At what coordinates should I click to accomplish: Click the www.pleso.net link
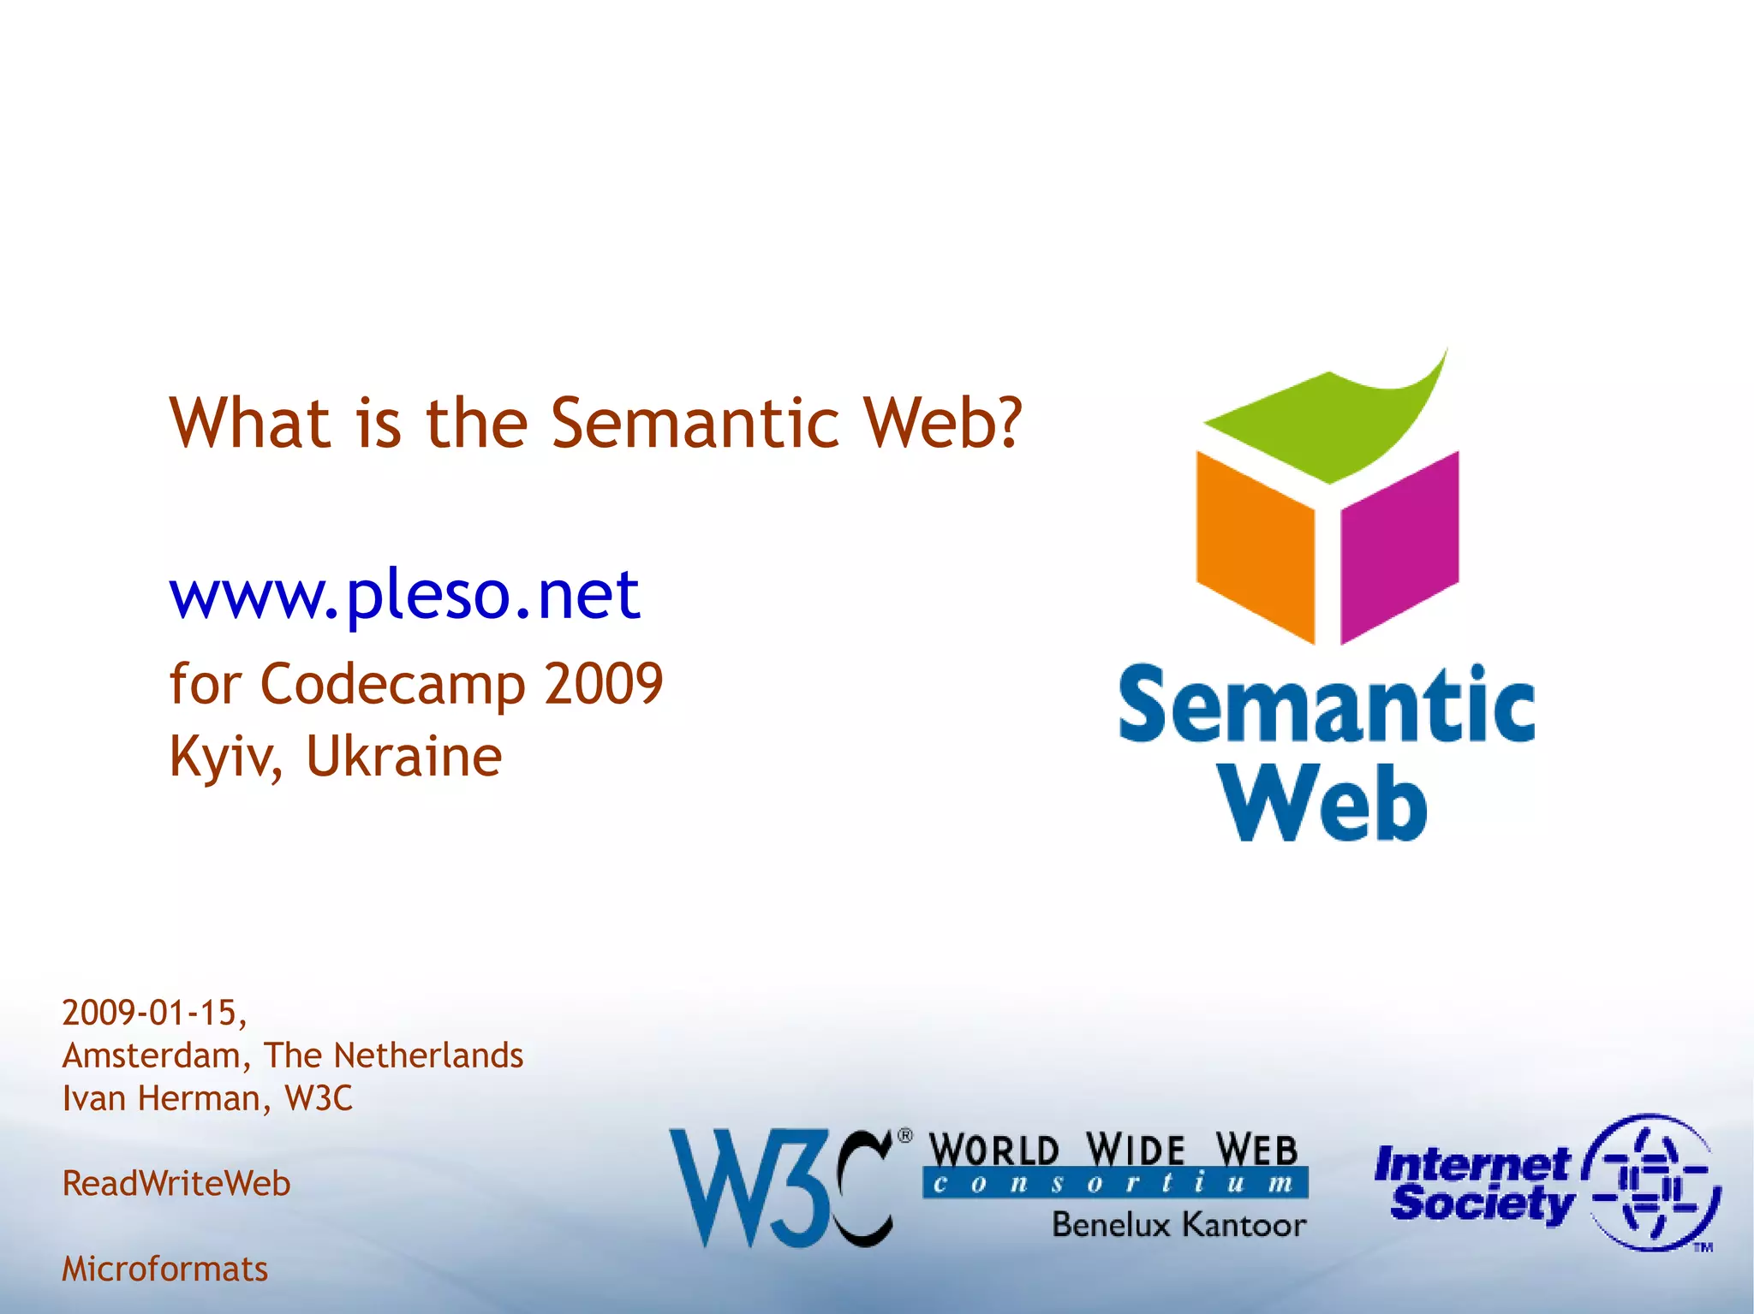[404, 594]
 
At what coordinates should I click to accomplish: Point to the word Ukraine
[404, 757]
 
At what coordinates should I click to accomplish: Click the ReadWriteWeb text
[176, 1184]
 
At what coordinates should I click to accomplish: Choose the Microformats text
[165, 1269]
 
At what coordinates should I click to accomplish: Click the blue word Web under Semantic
[1325, 802]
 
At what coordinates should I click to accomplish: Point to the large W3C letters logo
[779, 1187]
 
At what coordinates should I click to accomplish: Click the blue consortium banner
[1115, 1183]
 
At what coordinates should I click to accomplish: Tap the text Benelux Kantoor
[1179, 1225]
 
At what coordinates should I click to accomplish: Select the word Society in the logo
[1482, 1204]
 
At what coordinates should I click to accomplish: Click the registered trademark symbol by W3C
[904, 1137]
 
